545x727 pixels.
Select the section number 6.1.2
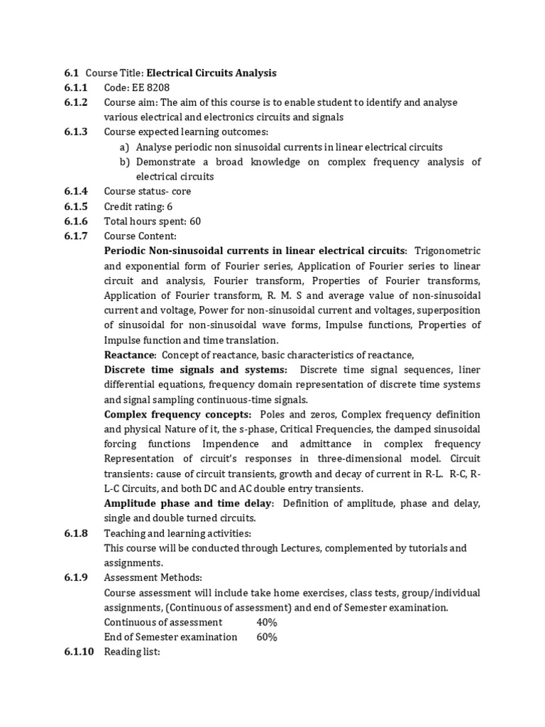pyautogui.click(x=75, y=102)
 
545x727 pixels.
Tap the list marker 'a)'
pyautogui.click(x=125, y=147)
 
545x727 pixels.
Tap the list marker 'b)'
pyautogui.click(x=125, y=162)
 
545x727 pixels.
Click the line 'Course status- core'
pyautogui.click(x=147, y=192)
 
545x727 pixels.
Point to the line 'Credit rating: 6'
pyautogui.click(x=138, y=207)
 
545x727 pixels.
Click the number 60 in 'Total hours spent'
pyautogui.click(x=195, y=222)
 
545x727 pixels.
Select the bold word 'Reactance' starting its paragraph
pyautogui.click(x=129, y=355)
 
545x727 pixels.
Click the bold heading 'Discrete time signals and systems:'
pyautogui.click(x=196, y=370)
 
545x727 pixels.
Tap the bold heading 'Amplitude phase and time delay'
pyautogui.click(x=189, y=503)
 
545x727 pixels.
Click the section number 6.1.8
pyautogui.click(x=75, y=533)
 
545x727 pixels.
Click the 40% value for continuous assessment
pyautogui.click(x=267, y=623)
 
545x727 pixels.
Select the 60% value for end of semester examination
pyautogui.click(x=267, y=637)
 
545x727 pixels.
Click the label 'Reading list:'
pyautogui.click(x=133, y=652)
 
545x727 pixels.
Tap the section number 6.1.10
pyautogui.click(x=77, y=652)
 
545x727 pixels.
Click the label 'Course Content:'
pyautogui.click(x=140, y=236)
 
